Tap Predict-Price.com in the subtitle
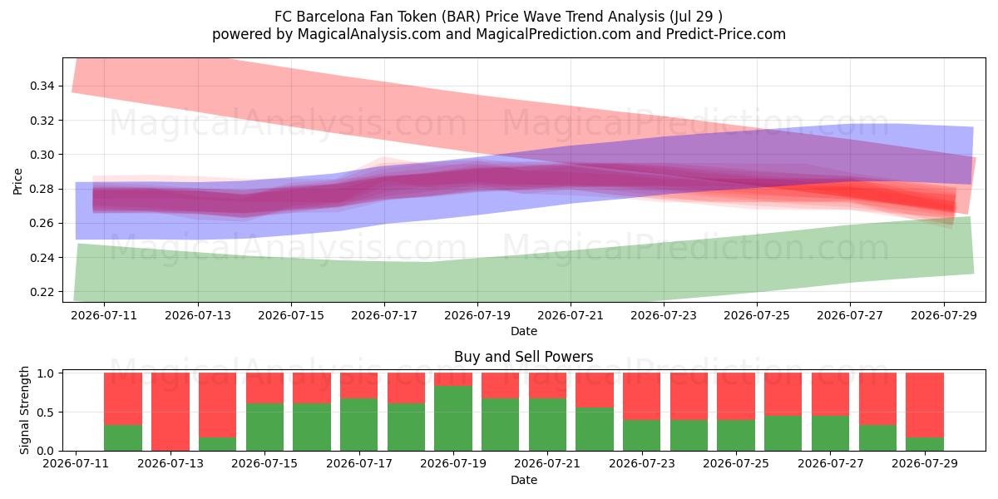point(726,34)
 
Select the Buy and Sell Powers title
point(523,357)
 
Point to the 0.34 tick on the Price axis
point(42,86)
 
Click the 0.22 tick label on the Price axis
point(42,292)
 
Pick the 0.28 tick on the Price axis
point(42,189)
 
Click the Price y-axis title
point(17,181)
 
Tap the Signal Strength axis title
point(24,410)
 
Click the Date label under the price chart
point(524,331)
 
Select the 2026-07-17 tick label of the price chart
point(384,315)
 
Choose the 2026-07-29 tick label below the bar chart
point(925,463)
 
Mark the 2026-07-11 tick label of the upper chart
point(104,315)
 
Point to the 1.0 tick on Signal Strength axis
point(47,373)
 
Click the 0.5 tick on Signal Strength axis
point(47,413)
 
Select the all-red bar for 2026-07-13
point(170,412)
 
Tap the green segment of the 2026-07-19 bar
point(453,418)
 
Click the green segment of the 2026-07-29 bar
point(925,444)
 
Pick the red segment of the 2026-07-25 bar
point(735,397)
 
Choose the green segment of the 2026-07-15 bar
point(264,427)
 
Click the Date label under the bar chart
point(524,480)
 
